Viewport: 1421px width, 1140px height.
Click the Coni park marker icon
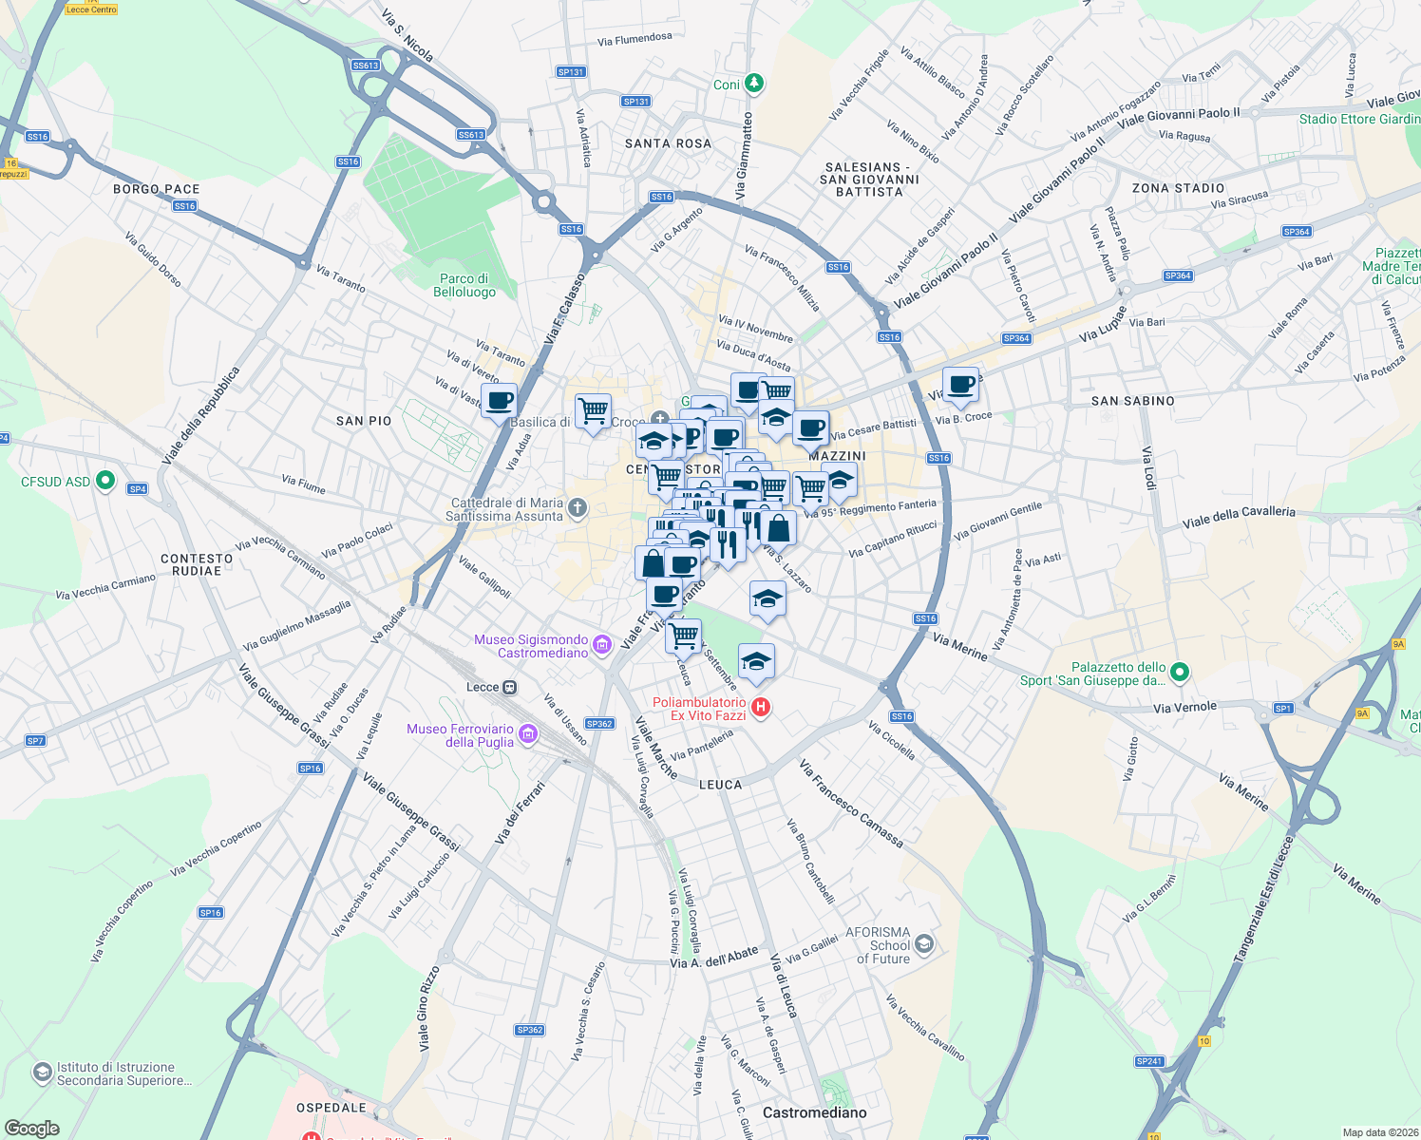(753, 84)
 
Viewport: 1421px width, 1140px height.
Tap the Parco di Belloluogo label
(464, 285)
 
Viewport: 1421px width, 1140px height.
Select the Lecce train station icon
(510, 687)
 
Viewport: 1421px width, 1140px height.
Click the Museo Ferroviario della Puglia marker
(529, 733)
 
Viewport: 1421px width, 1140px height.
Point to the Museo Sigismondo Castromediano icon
(601, 646)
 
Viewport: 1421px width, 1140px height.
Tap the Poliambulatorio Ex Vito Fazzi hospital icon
(760, 708)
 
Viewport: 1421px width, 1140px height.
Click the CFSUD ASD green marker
(105, 481)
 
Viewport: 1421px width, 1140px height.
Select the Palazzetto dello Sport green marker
(1180, 673)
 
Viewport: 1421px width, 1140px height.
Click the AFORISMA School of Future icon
(924, 944)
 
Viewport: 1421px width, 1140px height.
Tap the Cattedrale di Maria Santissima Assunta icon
(578, 508)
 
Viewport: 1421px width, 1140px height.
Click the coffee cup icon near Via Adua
(499, 400)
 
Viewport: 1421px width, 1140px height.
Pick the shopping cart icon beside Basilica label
(593, 411)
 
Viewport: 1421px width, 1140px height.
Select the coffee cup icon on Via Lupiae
(961, 385)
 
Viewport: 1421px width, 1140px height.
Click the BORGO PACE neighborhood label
(156, 189)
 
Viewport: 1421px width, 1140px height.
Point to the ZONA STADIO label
(1178, 188)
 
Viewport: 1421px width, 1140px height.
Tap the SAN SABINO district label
(1132, 401)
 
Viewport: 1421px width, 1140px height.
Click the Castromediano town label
(814, 1112)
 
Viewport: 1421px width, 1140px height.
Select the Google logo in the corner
(31, 1128)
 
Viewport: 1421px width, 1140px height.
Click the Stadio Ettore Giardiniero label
(1358, 119)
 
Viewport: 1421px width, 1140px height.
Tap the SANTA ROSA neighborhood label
(668, 143)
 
